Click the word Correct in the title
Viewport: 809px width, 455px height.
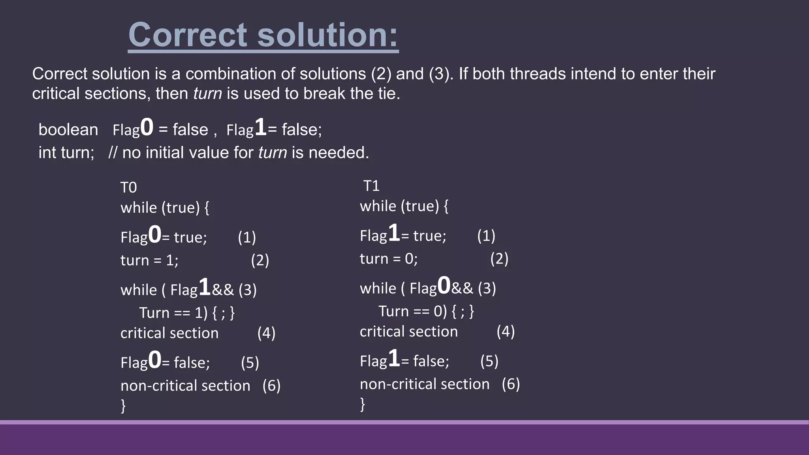tap(188, 35)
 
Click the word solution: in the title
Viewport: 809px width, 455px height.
tap(327, 35)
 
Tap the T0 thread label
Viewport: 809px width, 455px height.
tap(128, 187)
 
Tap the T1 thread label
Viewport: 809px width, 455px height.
tap(371, 186)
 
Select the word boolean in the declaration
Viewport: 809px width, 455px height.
tap(68, 130)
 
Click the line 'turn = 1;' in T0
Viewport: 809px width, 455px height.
tap(149, 260)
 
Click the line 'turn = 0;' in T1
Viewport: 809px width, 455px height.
tap(389, 259)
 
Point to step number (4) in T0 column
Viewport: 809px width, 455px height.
tap(266, 333)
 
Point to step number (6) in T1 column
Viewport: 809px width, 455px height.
tap(511, 384)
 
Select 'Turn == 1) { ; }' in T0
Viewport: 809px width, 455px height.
tap(187, 313)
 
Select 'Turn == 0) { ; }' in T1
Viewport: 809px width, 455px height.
tap(426, 311)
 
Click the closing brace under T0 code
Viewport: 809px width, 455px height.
tap(123, 406)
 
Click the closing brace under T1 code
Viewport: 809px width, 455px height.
tap(363, 404)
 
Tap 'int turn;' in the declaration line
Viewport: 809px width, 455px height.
tap(66, 153)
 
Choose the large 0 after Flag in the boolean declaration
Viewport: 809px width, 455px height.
tap(147, 128)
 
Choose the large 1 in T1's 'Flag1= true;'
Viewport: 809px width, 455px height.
tap(394, 233)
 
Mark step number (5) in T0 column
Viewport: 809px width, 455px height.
tap(250, 363)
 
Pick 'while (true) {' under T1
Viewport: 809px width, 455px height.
tap(404, 206)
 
